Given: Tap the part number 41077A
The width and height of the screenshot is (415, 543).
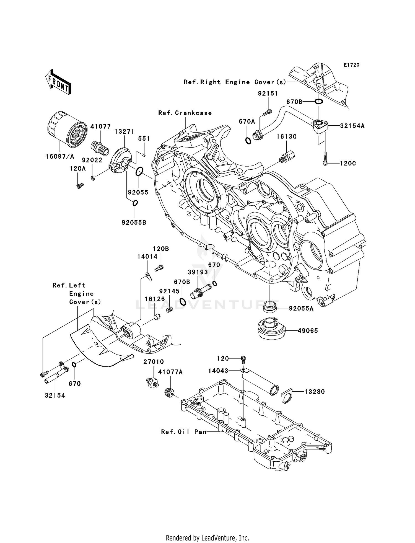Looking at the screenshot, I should click(170, 372).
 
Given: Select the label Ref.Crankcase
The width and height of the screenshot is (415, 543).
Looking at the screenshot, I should click(185, 113).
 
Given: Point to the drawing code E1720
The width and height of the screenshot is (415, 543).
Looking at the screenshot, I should click(351, 65).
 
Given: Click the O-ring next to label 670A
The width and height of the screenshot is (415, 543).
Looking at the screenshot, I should click(248, 141).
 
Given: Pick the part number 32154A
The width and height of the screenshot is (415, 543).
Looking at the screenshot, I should click(352, 126).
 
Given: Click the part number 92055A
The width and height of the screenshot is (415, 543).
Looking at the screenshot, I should click(301, 308).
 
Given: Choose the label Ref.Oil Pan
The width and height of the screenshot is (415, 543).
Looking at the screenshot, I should click(184, 432).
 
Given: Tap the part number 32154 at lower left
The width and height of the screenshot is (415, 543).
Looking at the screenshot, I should click(55, 395).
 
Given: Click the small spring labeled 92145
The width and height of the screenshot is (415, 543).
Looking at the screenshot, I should click(170, 309).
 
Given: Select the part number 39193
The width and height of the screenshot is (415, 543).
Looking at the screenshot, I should click(198, 272).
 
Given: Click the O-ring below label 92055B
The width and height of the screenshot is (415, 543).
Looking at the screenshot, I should click(135, 203).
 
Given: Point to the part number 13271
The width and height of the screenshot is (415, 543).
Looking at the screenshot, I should click(124, 132).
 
